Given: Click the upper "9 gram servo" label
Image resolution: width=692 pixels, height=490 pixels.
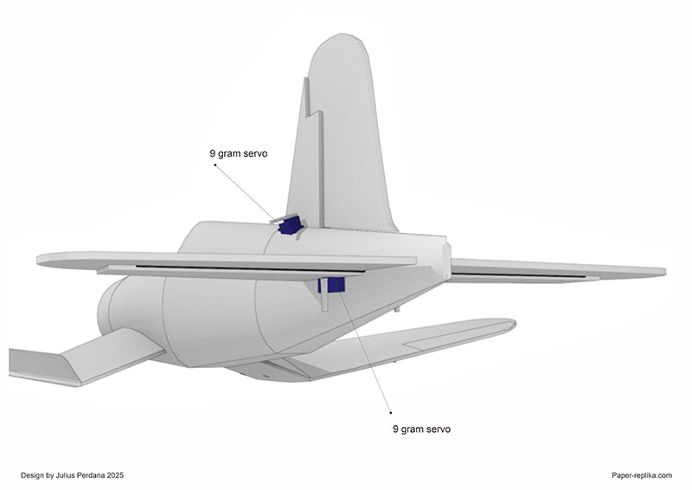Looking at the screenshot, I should click(x=239, y=153).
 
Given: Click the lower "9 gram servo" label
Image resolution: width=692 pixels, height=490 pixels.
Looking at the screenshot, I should click(x=422, y=429).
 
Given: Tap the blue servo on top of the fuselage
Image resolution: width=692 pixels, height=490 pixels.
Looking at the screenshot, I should click(x=290, y=225).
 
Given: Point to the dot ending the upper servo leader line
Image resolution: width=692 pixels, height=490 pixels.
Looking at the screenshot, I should click(x=215, y=164).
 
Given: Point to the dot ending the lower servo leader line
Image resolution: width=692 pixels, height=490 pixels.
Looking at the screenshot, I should click(x=391, y=412).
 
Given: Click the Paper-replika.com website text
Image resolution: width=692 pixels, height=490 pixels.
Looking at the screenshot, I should click(x=640, y=474).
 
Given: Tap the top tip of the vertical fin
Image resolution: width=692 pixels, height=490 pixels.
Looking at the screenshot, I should click(x=343, y=36).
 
